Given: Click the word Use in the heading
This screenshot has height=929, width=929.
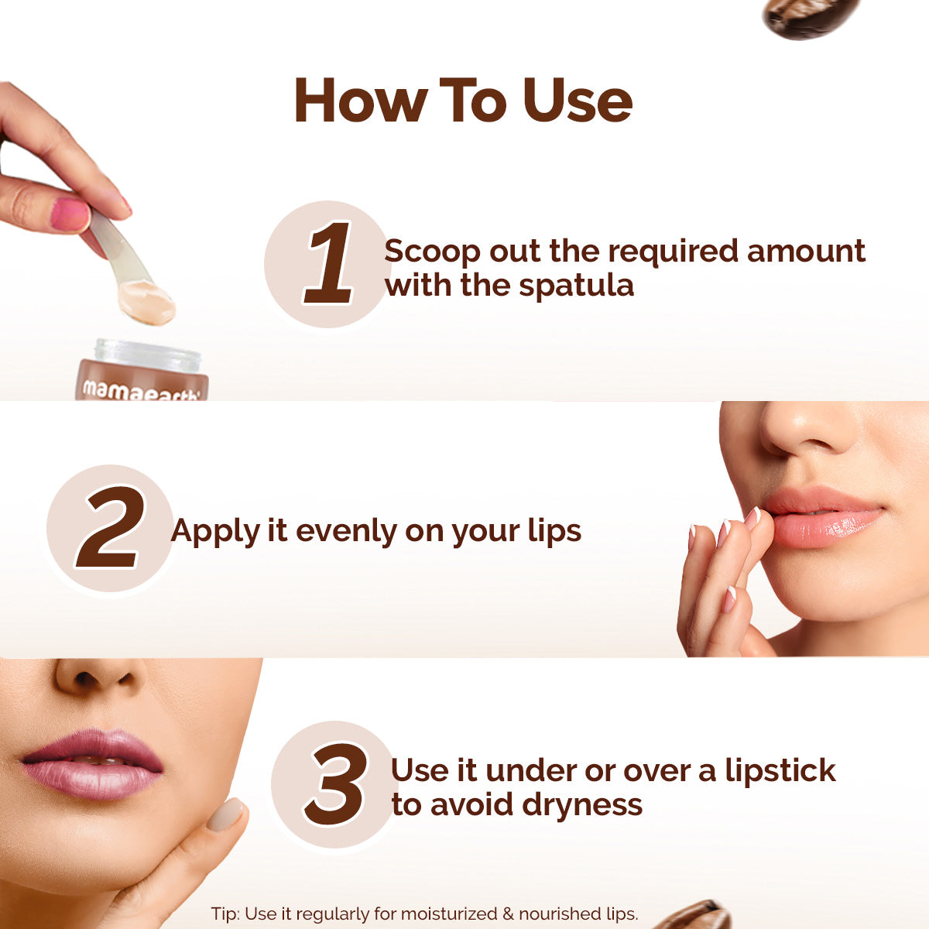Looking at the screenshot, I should [578, 101].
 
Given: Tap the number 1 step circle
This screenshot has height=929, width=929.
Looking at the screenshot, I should [326, 263].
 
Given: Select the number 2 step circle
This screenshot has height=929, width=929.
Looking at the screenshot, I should [109, 529].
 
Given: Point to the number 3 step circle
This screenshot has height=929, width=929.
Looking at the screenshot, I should [334, 784].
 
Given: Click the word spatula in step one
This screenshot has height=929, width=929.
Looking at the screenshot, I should [576, 286].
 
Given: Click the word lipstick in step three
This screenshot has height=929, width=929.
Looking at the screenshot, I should [780, 771].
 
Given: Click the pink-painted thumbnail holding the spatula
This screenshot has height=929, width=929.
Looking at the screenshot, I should [70, 214].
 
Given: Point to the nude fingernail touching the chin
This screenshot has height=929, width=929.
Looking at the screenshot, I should [226, 815].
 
